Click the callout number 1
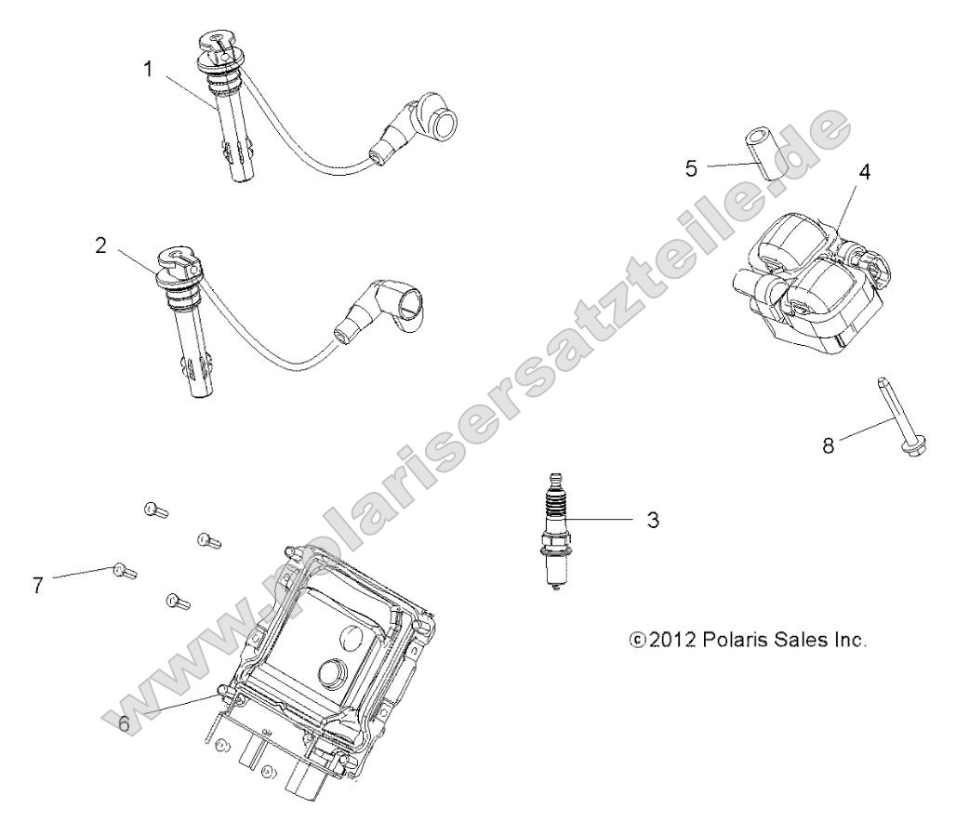click(148, 70)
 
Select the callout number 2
click(100, 245)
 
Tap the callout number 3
click(653, 520)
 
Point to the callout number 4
click(865, 172)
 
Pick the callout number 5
click(691, 168)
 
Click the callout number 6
click(124, 724)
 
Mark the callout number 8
click(828, 446)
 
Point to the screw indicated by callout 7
click(125, 571)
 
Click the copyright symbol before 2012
click(637, 640)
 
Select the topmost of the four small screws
click(156, 510)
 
